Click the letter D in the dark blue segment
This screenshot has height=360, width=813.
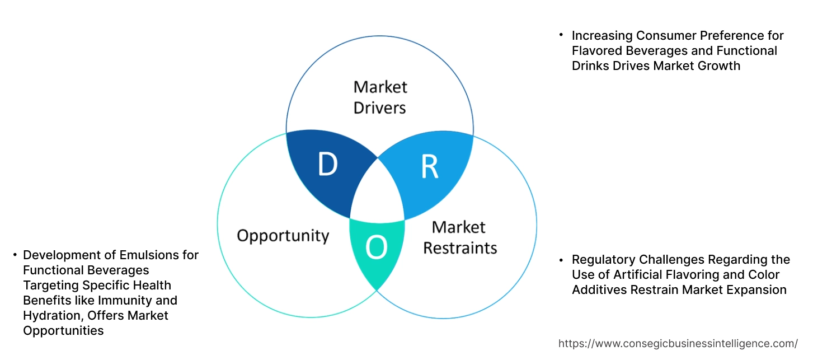pos(327,164)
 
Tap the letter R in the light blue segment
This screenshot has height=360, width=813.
pos(429,166)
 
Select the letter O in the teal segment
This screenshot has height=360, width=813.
pos(376,248)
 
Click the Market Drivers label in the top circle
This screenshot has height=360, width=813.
pos(380,97)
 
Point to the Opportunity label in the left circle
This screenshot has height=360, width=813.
pos(283,235)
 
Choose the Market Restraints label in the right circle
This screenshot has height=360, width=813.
pos(459,237)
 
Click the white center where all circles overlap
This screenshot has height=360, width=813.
pos(378,193)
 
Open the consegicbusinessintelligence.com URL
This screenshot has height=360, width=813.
pos(678,343)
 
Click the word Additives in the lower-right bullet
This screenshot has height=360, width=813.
pos(600,290)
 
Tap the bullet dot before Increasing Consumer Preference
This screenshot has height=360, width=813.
pos(561,35)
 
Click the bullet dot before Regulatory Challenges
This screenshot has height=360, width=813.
pos(561,260)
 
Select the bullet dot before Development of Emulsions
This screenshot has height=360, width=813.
pos(14,255)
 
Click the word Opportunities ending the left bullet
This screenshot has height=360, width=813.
pos(63,331)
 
